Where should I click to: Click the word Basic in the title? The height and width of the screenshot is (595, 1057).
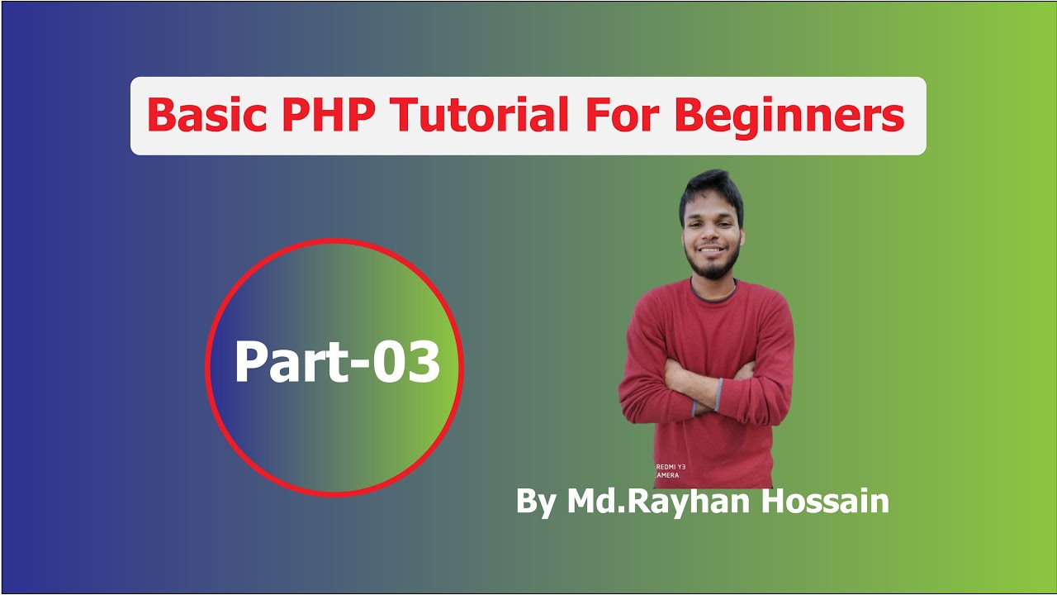point(207,117)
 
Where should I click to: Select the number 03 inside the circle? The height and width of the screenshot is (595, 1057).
point(405,364)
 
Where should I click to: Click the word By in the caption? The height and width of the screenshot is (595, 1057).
point(536,502)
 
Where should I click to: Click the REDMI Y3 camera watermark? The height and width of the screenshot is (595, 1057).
point(670,471)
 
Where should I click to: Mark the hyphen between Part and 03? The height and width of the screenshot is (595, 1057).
point(360,367)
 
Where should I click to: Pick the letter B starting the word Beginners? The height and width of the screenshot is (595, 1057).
point(692,117)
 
